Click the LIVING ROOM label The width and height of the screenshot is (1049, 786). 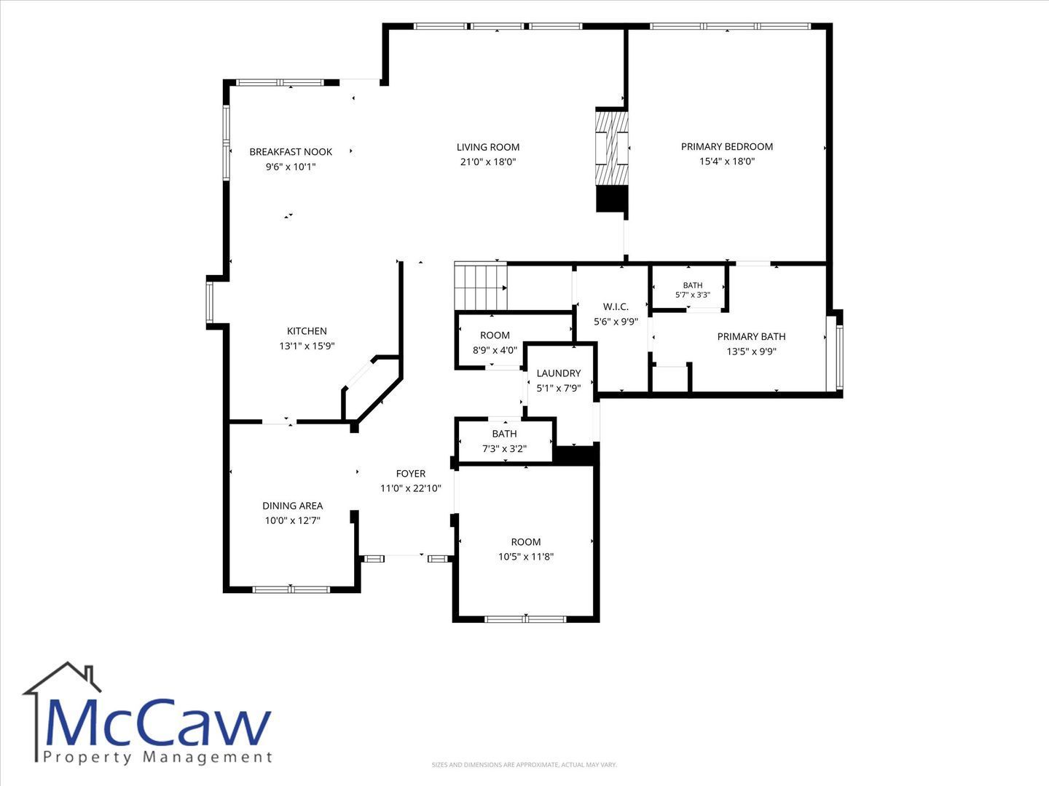pyautogui.click(x=488, y=147)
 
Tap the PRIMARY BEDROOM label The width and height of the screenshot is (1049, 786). pyautogui.click(x=727, y=146)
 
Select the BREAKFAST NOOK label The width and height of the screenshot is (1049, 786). pyautogui.click(x=291, y=152)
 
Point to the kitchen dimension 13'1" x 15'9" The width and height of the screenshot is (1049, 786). pyautogui.click(x=307, y=346)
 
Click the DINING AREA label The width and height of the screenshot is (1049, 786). pyautogui.click(x=292, y=505)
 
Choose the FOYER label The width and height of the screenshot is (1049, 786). pyautogui.click(x=411, y=473)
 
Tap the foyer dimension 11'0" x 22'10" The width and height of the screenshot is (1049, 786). pyautogui.click(x=411, y=488)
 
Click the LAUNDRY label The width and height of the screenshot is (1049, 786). pyautogui.click(x=559, y=373)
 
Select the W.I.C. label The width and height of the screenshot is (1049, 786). pyautogui.click(x=616, y=307)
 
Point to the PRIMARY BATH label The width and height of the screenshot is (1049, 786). pyautogui.click(x=751, y=336)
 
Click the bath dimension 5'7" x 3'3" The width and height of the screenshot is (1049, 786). pyautogui.click(x=693, y=295)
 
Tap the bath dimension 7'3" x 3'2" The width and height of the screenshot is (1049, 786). pyautogui.click(x=504, y=448)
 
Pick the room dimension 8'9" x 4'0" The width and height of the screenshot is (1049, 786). pyautogui.click(x=495, y=350)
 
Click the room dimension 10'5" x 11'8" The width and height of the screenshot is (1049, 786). pyautogui.click(x=526, y=557)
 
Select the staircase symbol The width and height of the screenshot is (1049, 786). pyautogui.click(x=480, y=286)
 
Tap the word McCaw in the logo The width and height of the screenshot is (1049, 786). pyautogui.click(x=158, y=722)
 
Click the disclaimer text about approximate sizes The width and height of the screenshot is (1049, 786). pyautogui.click(x=524, y=764)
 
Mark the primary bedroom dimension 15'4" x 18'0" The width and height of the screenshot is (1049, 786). pyautogui.click(x=727, y=162)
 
